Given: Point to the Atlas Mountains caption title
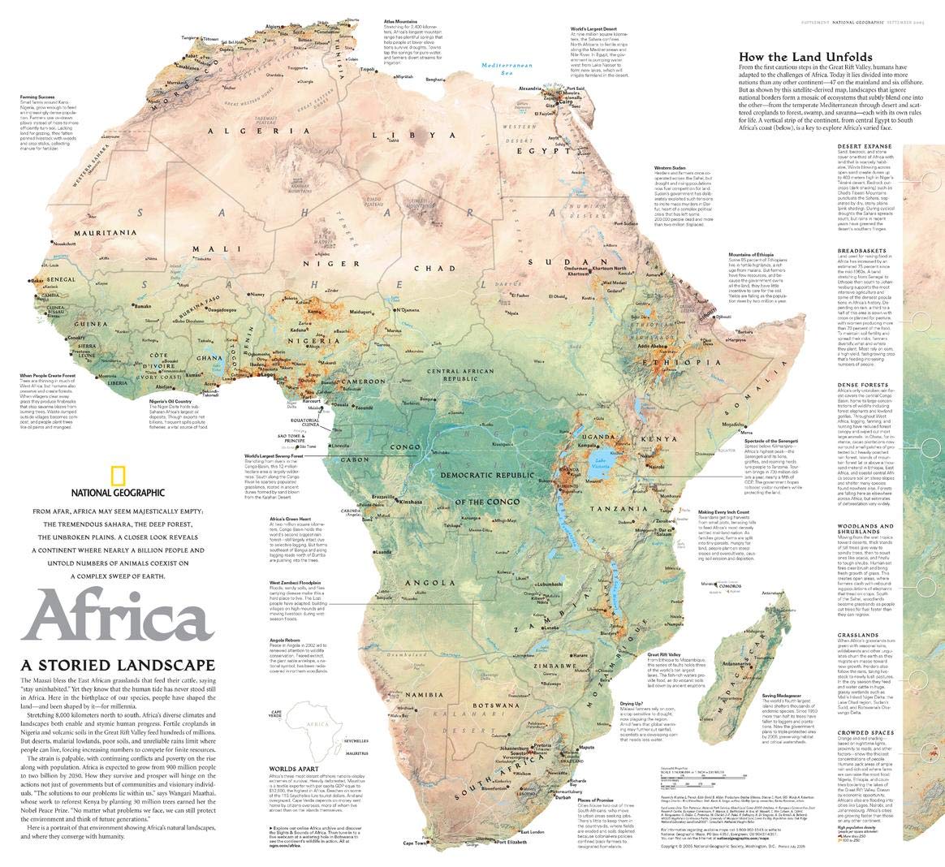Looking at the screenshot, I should tap(402, 19).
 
